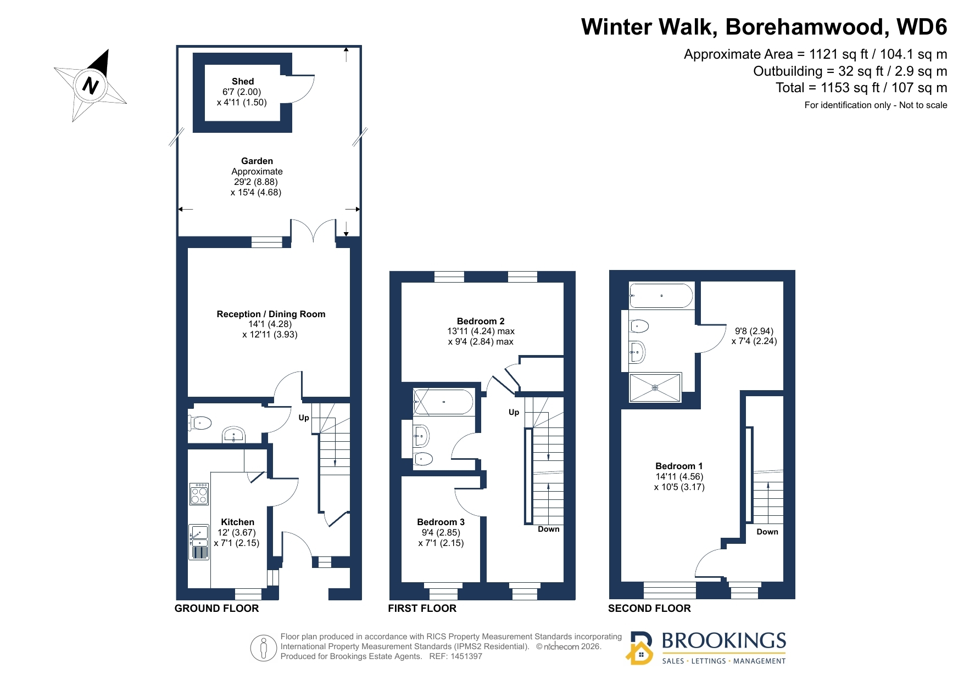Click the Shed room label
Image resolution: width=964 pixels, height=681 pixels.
click(x=242, y=81)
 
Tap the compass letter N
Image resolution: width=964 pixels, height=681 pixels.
click(x=90, y=86)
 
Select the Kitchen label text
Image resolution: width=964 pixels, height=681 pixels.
click(x=237, y=522)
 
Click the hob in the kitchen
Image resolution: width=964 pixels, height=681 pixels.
click(x=199, y=494)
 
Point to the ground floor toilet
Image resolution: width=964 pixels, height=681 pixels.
click(x=200, y=423)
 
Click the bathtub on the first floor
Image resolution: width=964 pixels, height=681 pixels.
click(x=443, y=402)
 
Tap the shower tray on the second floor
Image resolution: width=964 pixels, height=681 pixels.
click(x=655, y=387)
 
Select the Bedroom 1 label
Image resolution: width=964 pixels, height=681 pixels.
click(x=679, y=466)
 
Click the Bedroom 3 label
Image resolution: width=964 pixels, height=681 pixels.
click(x=441, y=522)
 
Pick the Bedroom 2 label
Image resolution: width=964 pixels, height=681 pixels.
click(x=481, y=321)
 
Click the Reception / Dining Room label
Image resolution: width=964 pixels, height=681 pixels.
click(x=271, y=314)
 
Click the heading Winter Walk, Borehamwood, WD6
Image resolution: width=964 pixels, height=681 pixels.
click(x=764, y=26)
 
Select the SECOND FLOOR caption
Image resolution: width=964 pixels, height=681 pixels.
click(x=649, y=608)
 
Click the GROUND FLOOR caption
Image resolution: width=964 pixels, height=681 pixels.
click(x=216, y=608)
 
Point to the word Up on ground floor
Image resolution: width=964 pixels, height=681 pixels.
click(x=304, y=418)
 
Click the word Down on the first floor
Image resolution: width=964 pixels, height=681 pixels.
click(x=548, y=529)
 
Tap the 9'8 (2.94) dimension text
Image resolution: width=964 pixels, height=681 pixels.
click(x=754, y=331)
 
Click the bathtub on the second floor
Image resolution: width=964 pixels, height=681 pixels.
click(x=661, y=296)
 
